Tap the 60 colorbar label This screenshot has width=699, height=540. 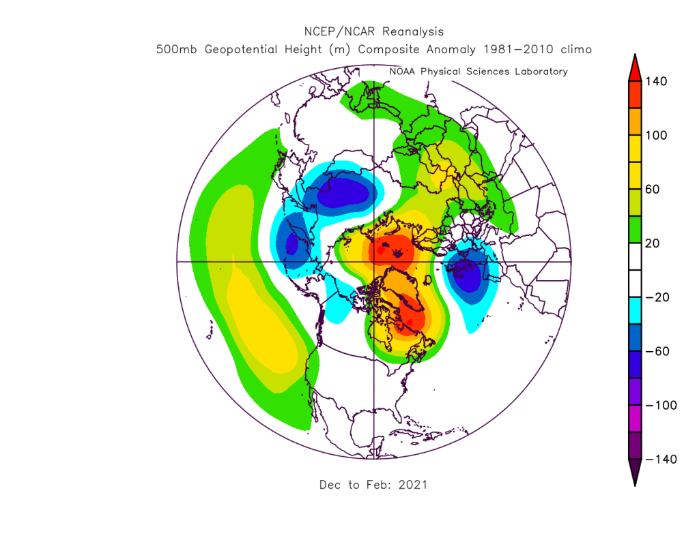[x=653, y=190]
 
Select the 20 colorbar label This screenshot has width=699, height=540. [x=653, y=243]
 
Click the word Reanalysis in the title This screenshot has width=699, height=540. [x=413, y=32]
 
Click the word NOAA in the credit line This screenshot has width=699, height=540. [x=403, y=72]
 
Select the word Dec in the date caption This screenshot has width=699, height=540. [x=330, y=485]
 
